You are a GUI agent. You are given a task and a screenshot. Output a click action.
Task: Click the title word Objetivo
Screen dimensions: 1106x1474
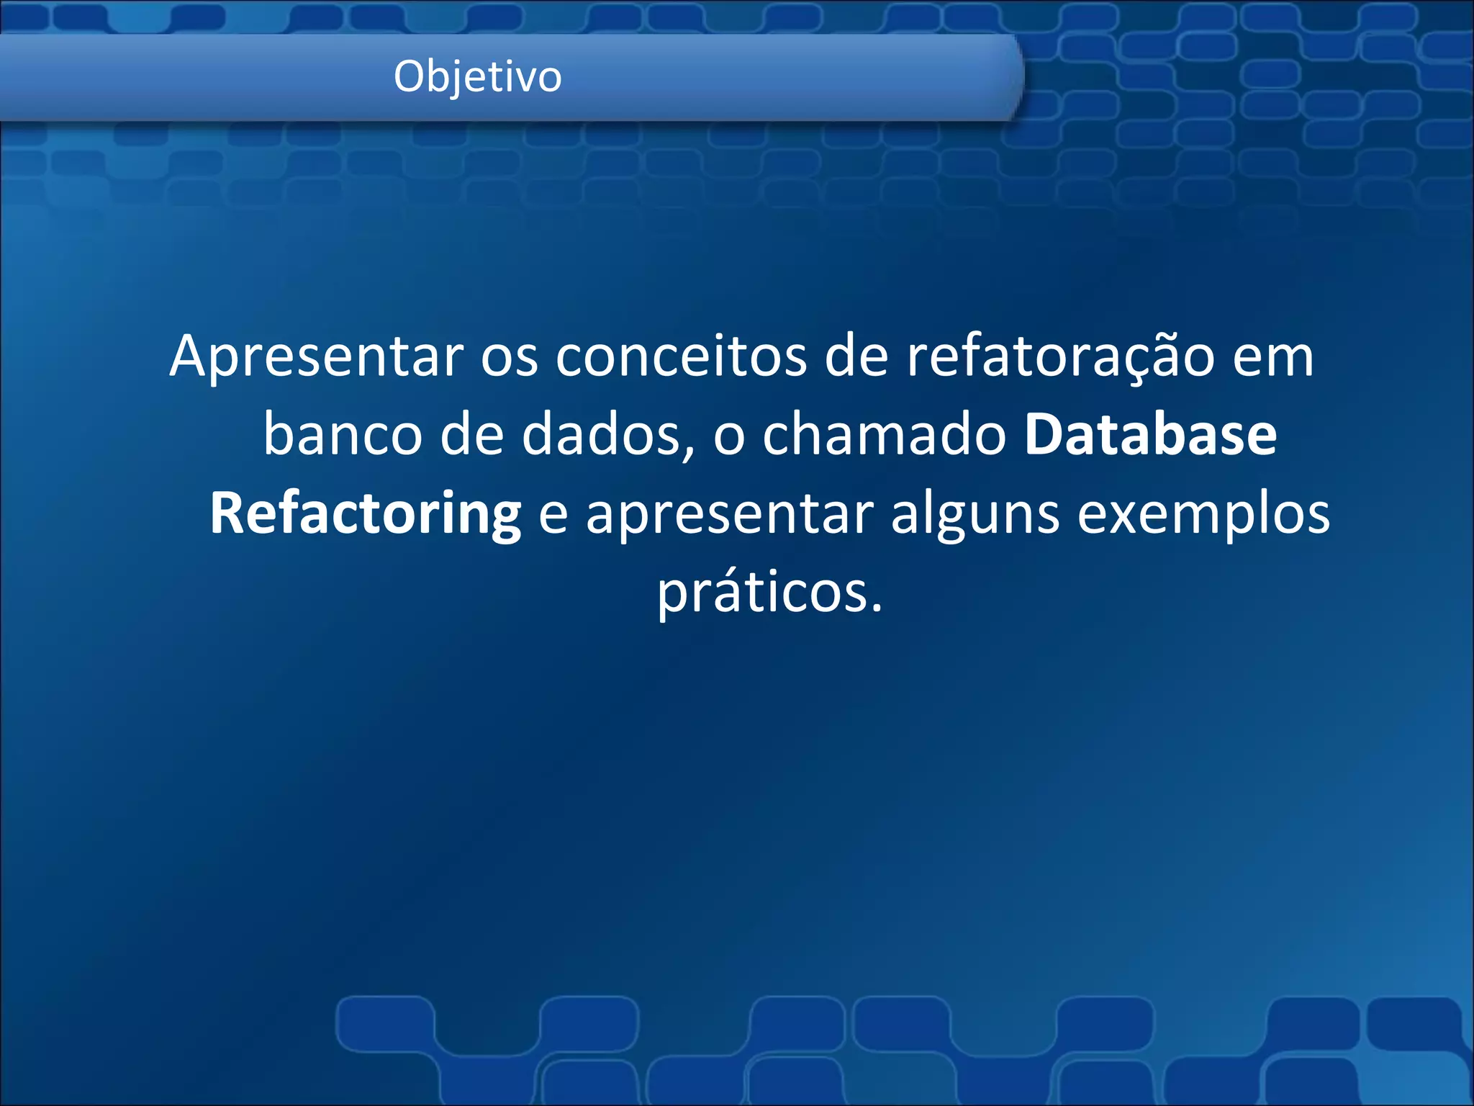477,76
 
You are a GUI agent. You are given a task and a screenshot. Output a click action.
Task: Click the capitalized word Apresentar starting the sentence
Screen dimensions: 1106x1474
317,356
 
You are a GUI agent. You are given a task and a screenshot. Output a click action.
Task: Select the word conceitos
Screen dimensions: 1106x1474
681,356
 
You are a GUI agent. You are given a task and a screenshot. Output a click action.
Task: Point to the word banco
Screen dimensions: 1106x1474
343,435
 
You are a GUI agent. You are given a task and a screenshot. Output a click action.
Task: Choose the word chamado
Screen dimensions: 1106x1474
885,435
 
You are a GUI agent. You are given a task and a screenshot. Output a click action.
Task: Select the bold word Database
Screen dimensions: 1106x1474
1150,435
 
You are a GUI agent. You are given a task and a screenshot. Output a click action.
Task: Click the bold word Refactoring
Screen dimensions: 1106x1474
366,514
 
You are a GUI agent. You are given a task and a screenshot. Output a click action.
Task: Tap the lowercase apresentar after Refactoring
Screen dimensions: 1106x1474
730,516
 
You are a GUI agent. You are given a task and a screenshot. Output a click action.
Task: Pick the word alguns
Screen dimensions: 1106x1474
975,516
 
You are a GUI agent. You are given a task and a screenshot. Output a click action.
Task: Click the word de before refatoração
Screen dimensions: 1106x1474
856,356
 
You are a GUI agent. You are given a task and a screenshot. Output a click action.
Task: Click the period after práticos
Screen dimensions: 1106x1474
876,609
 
